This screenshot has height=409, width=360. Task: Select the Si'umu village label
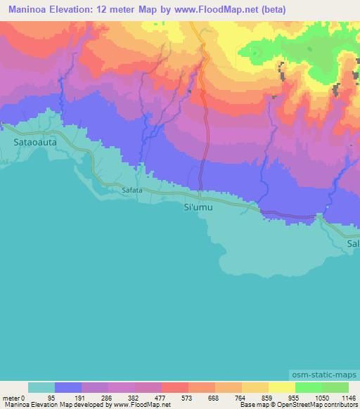(198, 208)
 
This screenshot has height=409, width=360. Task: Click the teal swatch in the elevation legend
(41, 387)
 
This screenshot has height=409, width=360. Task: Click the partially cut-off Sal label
(352, 243)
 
